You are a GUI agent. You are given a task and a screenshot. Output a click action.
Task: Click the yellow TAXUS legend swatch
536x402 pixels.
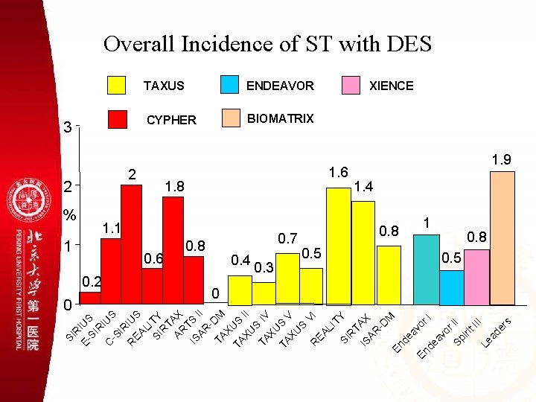(x=117, y=85)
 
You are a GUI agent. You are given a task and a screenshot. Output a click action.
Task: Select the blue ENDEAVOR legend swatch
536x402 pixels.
(x=230, y=85)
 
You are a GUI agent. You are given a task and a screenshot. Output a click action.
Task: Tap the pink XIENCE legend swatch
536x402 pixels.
(x=350, y=85)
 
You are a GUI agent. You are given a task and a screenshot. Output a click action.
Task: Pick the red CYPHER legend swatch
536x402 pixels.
(x=117, y=119)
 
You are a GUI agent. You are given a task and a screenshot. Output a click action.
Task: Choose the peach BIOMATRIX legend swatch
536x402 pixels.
(x=230, y=118)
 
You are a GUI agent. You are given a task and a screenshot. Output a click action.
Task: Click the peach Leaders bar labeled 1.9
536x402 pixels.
(x=502, y=238)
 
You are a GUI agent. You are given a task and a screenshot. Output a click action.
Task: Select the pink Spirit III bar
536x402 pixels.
(x=476, y=277)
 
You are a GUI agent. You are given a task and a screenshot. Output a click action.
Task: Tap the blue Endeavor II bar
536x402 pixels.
(x=451, y=287)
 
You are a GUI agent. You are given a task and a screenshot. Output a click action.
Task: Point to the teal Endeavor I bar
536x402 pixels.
(x=426, y=269)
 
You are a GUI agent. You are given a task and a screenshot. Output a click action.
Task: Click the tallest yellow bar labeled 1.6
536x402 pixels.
(x=339, y=246)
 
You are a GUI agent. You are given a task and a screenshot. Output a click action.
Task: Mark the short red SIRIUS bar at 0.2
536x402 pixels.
(x=90, y=298)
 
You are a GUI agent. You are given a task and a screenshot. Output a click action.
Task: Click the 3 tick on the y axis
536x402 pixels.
(x=68, y=127)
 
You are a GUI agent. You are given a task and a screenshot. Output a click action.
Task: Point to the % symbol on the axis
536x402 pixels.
(x=70, y=215)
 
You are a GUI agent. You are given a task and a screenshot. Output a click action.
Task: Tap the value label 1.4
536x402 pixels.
(x=365, y=186)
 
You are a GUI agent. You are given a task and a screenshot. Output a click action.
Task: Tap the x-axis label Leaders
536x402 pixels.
(x=494, y=332)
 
